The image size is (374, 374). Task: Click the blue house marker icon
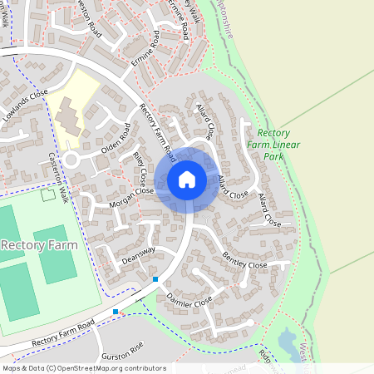click(x=187, y=180)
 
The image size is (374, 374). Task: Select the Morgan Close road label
click(x=131, y=196)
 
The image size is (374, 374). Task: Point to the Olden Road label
click(x=116, y=139)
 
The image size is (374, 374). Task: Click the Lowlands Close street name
click(x=25, y=106)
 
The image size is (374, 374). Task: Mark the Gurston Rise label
click(x=123, y=350)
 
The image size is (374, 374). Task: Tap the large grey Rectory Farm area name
click(x=39, y=245)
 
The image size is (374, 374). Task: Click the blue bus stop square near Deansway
click(x=155, y=279)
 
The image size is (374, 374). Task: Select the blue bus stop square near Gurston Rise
click(x=116, y=312)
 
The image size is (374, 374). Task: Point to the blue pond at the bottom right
click(x=288, y=341)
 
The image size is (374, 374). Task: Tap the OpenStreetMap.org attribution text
click(x=100, y=368)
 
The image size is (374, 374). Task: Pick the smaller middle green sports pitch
click(x=56, y=253)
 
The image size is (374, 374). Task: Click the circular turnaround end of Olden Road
click(x=71, y=159)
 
